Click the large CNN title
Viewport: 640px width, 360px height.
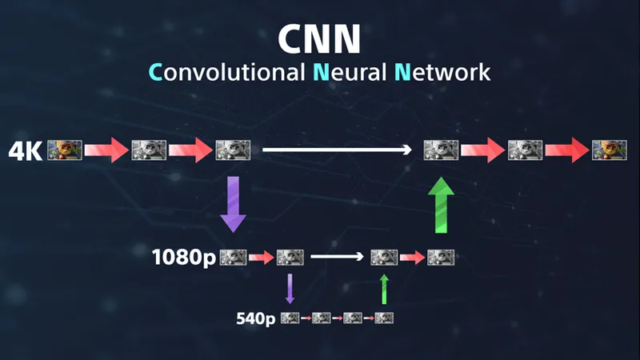click(x=319, y=38)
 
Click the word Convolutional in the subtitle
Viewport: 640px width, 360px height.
click(x=226, y=72)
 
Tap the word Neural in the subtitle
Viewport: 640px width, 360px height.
click(x=350, y=72)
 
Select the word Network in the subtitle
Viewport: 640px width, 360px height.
click(x=442, y=72)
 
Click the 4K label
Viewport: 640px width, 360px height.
click(x=26, y=151)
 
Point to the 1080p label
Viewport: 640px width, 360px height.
click(x=184, y=258)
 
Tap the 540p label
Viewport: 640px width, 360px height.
click(x=256, y=318)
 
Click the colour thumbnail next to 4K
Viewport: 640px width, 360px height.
click(x=65, y=150)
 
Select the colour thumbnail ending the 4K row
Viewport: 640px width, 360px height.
click(x=610, y=150)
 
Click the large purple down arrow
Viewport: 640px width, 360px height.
click(x=233, y=204)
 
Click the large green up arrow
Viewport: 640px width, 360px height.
click(x=442, y=205)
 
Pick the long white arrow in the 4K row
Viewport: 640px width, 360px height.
click(x=337, y=150)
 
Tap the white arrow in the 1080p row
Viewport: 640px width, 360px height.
click(x=337, y=256)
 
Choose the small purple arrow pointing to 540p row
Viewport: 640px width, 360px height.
click(x=290, y=289)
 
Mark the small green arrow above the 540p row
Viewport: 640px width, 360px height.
click(x=384, y=290)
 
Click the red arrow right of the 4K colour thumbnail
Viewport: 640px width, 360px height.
click(x=107, y=150)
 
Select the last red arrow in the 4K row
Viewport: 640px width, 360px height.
click(x=567, y=150)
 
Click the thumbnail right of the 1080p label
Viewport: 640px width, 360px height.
click(x=233, y=258)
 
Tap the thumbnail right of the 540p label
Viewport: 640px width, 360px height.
click(x=290, y=318)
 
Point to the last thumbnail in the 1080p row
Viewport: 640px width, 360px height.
click(x=441, y=258)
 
